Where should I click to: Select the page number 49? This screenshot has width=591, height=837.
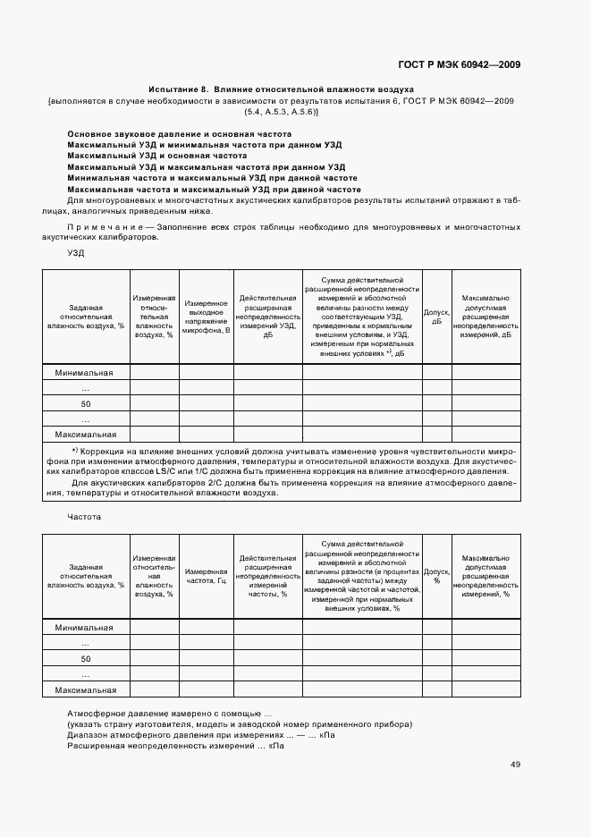point(516,765)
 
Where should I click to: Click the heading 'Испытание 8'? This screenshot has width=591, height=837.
point(178,89)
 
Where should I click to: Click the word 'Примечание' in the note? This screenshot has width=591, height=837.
point(99,228)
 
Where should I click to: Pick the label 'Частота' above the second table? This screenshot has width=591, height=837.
point(84,517)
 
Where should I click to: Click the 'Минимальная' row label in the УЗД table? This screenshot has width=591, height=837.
point(84,372)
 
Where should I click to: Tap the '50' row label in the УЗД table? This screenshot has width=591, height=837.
point(86,403)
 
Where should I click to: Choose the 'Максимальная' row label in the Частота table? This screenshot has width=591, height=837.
point(86,689)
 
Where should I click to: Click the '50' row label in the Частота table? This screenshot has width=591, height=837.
point(86,659)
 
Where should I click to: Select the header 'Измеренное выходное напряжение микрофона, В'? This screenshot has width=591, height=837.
point(207,317)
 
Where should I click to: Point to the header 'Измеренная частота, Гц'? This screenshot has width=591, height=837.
point(207,577)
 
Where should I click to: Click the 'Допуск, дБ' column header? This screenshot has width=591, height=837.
point(436,317)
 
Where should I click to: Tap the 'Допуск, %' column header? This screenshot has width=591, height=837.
point(436,576)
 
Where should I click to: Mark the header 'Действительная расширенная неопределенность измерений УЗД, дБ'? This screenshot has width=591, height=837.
point(268,317)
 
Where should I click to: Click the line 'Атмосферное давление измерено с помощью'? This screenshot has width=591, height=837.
point(170,713)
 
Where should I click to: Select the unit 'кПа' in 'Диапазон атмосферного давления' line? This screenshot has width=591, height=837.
point(326,734)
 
